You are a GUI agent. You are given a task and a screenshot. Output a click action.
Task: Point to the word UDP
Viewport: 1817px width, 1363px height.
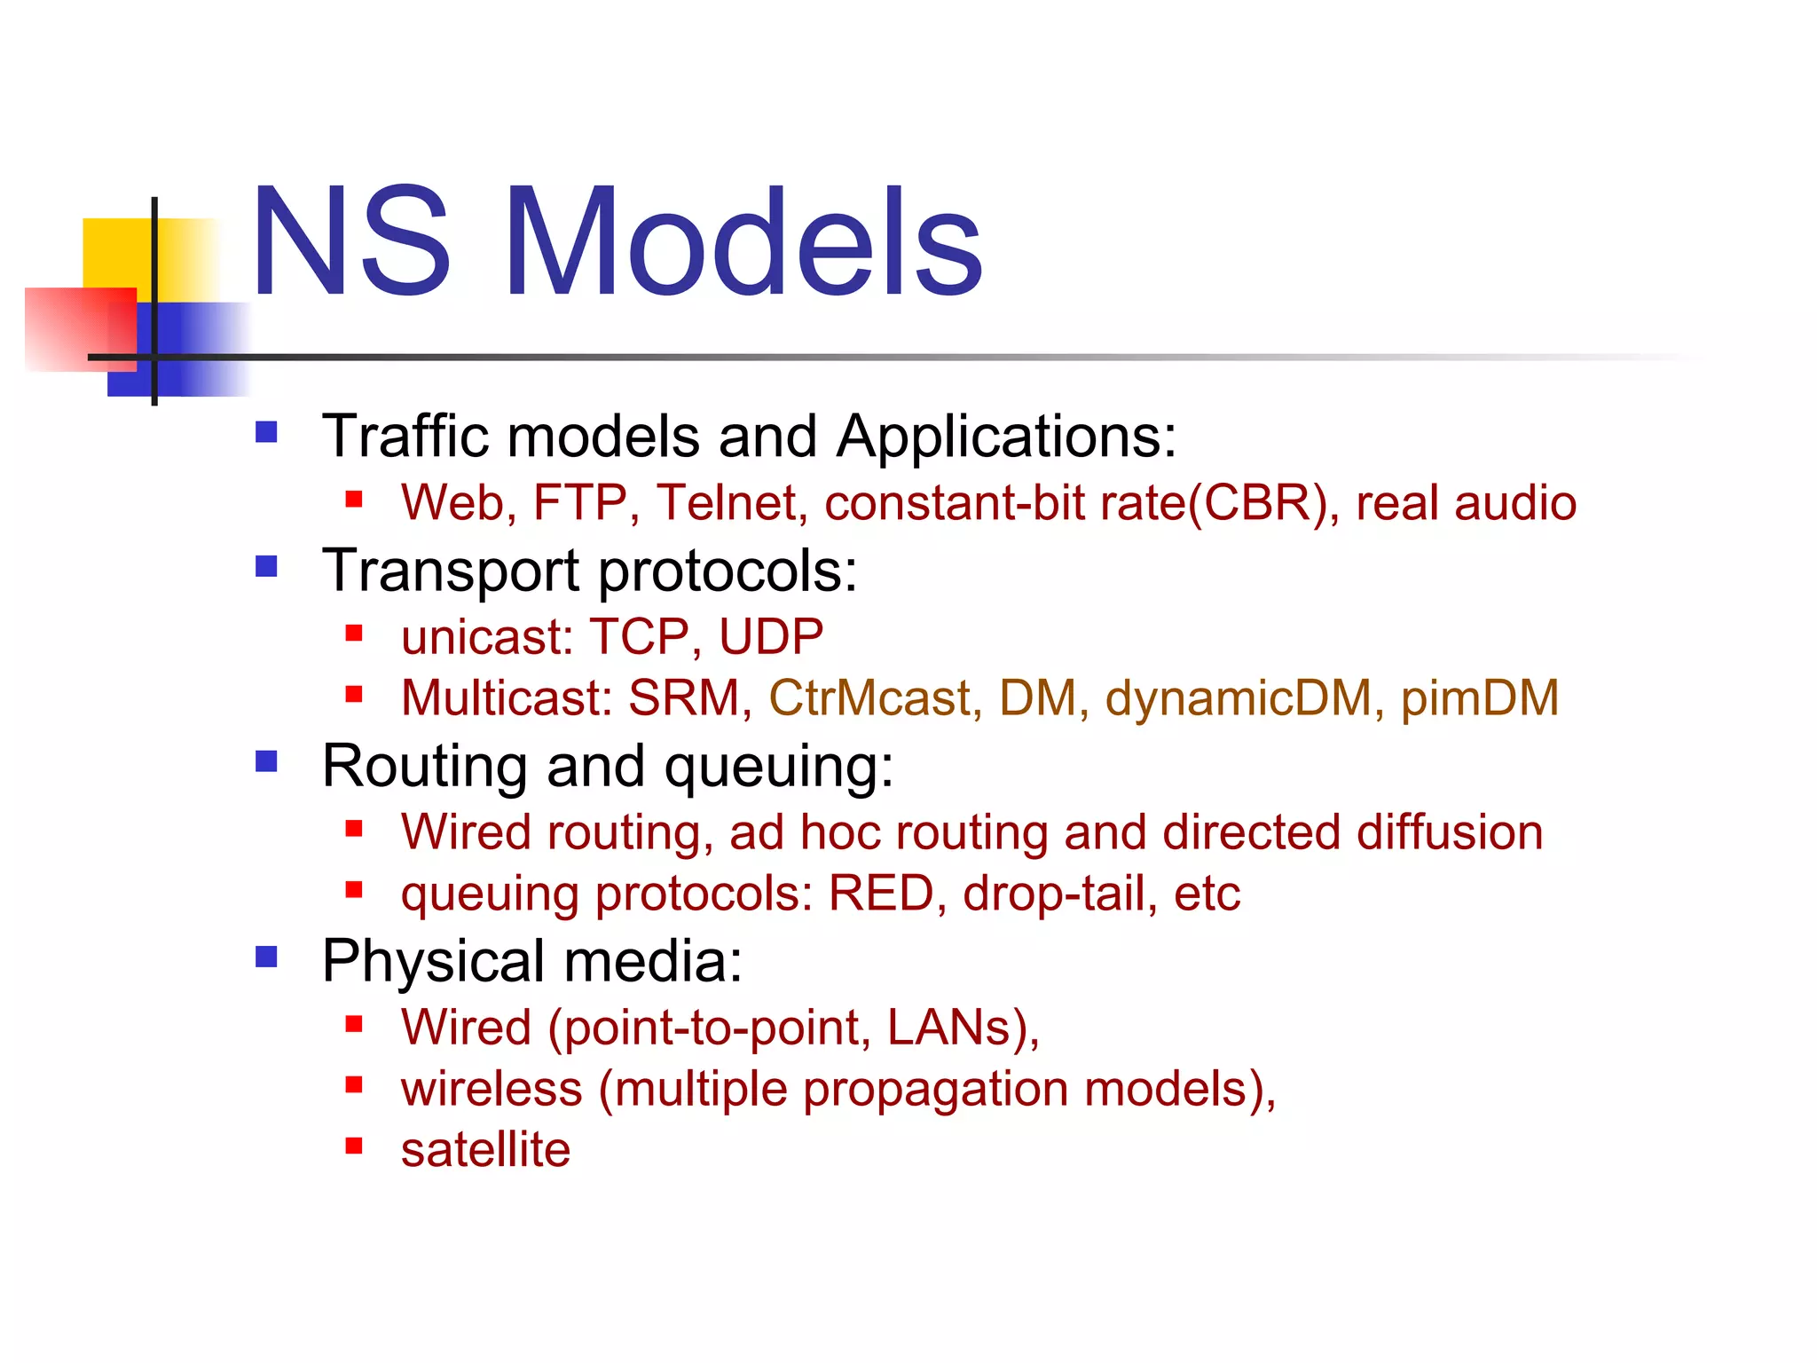pyautogui.click(x=770, y=636)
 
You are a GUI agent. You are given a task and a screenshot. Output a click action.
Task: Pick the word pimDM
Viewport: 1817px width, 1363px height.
pyautogui.click(x=1479, y=697)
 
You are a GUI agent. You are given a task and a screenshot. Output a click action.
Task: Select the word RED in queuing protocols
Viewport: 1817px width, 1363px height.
pyautogui.click(x=881, y=893)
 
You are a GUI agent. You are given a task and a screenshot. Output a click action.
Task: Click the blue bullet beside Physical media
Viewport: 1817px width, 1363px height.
pyautogui.click(x=266, y=957)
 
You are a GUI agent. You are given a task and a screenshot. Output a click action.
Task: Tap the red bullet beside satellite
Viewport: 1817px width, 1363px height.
pyautogui.click(x=354, y=1146)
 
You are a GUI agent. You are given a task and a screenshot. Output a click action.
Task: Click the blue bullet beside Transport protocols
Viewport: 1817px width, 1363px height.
pyautogui.click(x=266, y=566)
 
